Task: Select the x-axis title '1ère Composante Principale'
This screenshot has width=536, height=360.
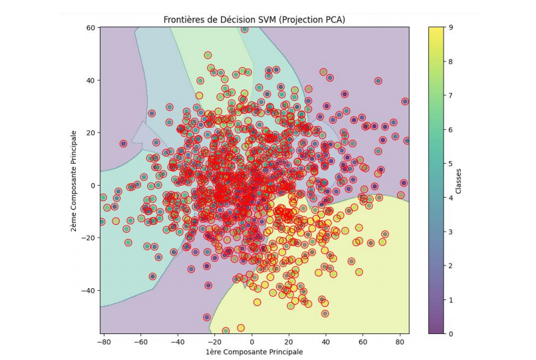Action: coord(254,351)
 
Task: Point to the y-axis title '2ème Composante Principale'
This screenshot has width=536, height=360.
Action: coord(78,180)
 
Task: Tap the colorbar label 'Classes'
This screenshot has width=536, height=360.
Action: coord(459,180)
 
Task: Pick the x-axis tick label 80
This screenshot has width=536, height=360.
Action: coord(401,341)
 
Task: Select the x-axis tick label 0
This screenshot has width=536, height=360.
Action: coord(252,341)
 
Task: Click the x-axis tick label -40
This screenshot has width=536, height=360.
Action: coord(177,341)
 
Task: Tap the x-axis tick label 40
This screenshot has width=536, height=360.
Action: coord(326,341)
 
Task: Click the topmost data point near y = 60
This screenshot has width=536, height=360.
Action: coord(244,29)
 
